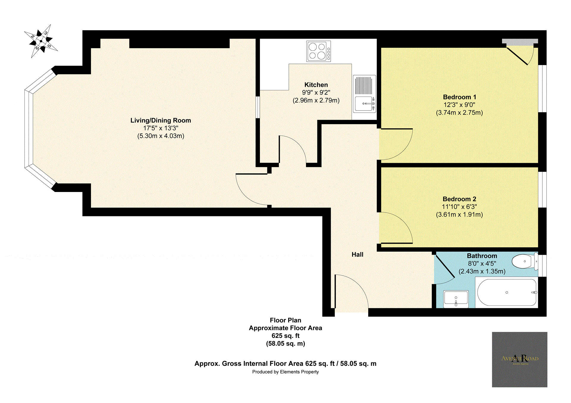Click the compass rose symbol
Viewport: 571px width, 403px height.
coord(41,41)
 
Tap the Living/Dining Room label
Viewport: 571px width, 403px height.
coord(161,120)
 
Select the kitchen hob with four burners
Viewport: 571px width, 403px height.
coord(319,51)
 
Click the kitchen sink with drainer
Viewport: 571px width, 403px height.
coord(364,94)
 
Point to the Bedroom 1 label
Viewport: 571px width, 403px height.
coord(459,97)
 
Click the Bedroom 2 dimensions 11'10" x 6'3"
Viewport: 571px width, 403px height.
coord(459,207)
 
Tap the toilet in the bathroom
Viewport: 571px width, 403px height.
coord(524,261)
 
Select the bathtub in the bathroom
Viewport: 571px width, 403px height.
coord(507,292)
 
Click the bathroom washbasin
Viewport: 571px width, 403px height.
coord(456,299)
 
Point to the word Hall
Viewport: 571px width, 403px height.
coord(357,255)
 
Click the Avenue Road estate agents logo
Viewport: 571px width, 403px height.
coord(520,359)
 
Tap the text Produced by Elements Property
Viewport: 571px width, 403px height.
coord(285,372)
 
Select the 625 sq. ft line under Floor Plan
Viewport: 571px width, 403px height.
coord(285,336)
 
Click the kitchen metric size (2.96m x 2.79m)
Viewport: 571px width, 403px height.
coord(316,100)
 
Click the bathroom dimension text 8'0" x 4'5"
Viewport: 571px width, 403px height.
coord(482,264)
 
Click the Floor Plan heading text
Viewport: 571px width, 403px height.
coord(285,320)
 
